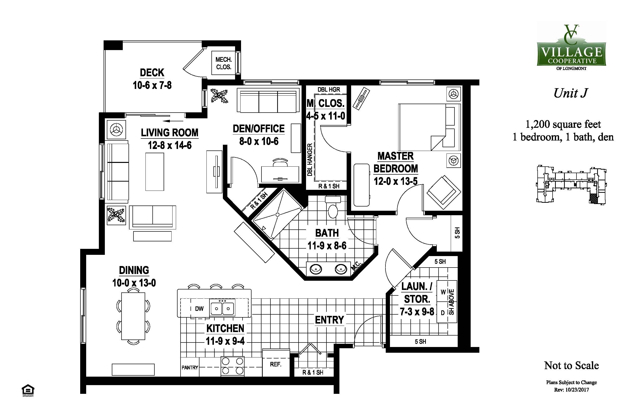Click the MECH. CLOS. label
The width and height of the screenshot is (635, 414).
[224, 63]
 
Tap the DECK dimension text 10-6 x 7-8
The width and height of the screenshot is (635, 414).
[152, 85]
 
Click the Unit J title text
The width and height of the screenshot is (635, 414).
[571, 93]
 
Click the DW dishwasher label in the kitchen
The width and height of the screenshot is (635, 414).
[199, 309]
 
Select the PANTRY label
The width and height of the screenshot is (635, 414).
[190, 368]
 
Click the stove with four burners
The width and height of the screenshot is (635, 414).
[232, 366]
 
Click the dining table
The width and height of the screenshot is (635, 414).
[133, 316]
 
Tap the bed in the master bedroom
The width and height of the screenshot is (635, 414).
[429, 127]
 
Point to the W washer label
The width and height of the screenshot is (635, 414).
[443, 292]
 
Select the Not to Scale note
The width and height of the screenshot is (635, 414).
[571, 365]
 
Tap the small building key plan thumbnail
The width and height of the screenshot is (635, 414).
[571, 185]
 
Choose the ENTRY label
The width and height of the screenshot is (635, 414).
[329, 320]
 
